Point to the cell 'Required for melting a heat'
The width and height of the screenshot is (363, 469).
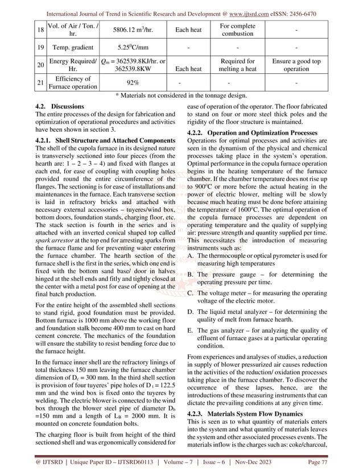pyautogui.click(x=240, y=69)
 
